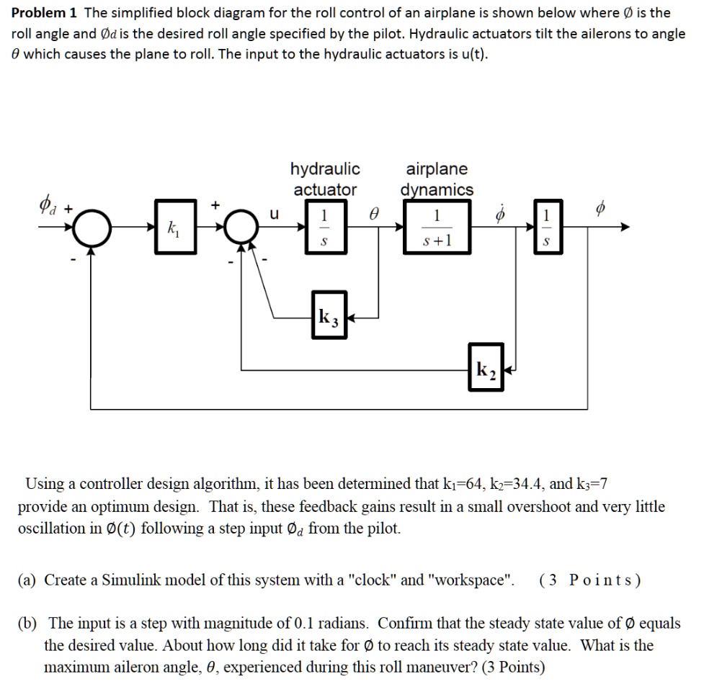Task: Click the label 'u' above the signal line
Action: pyautogui.click(x=273, y=214)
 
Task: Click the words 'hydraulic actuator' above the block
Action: pyautogui.click(x=325, y=179)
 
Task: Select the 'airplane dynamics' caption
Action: pyautogui.click(x=437, y=179)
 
